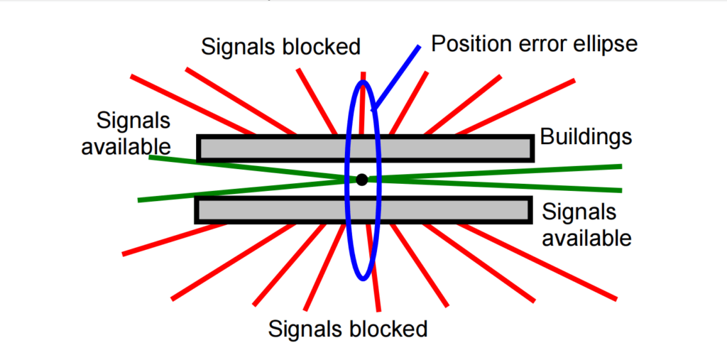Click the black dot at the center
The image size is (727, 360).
(362, 180)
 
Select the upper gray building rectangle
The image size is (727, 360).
(270, 148)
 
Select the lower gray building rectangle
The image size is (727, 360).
(270, 210)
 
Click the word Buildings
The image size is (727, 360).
(586, 136)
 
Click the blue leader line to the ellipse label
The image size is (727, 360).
(397, 77)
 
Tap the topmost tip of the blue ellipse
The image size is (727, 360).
(363, 82)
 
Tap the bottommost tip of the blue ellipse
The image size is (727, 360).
(363, 278)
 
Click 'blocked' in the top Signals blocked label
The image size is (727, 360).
(323, 47)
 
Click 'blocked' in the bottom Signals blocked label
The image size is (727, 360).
(390, 329)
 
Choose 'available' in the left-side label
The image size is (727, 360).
(126, 146)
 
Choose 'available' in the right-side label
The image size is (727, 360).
(586, 237)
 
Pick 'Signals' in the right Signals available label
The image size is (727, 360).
(579, 212)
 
